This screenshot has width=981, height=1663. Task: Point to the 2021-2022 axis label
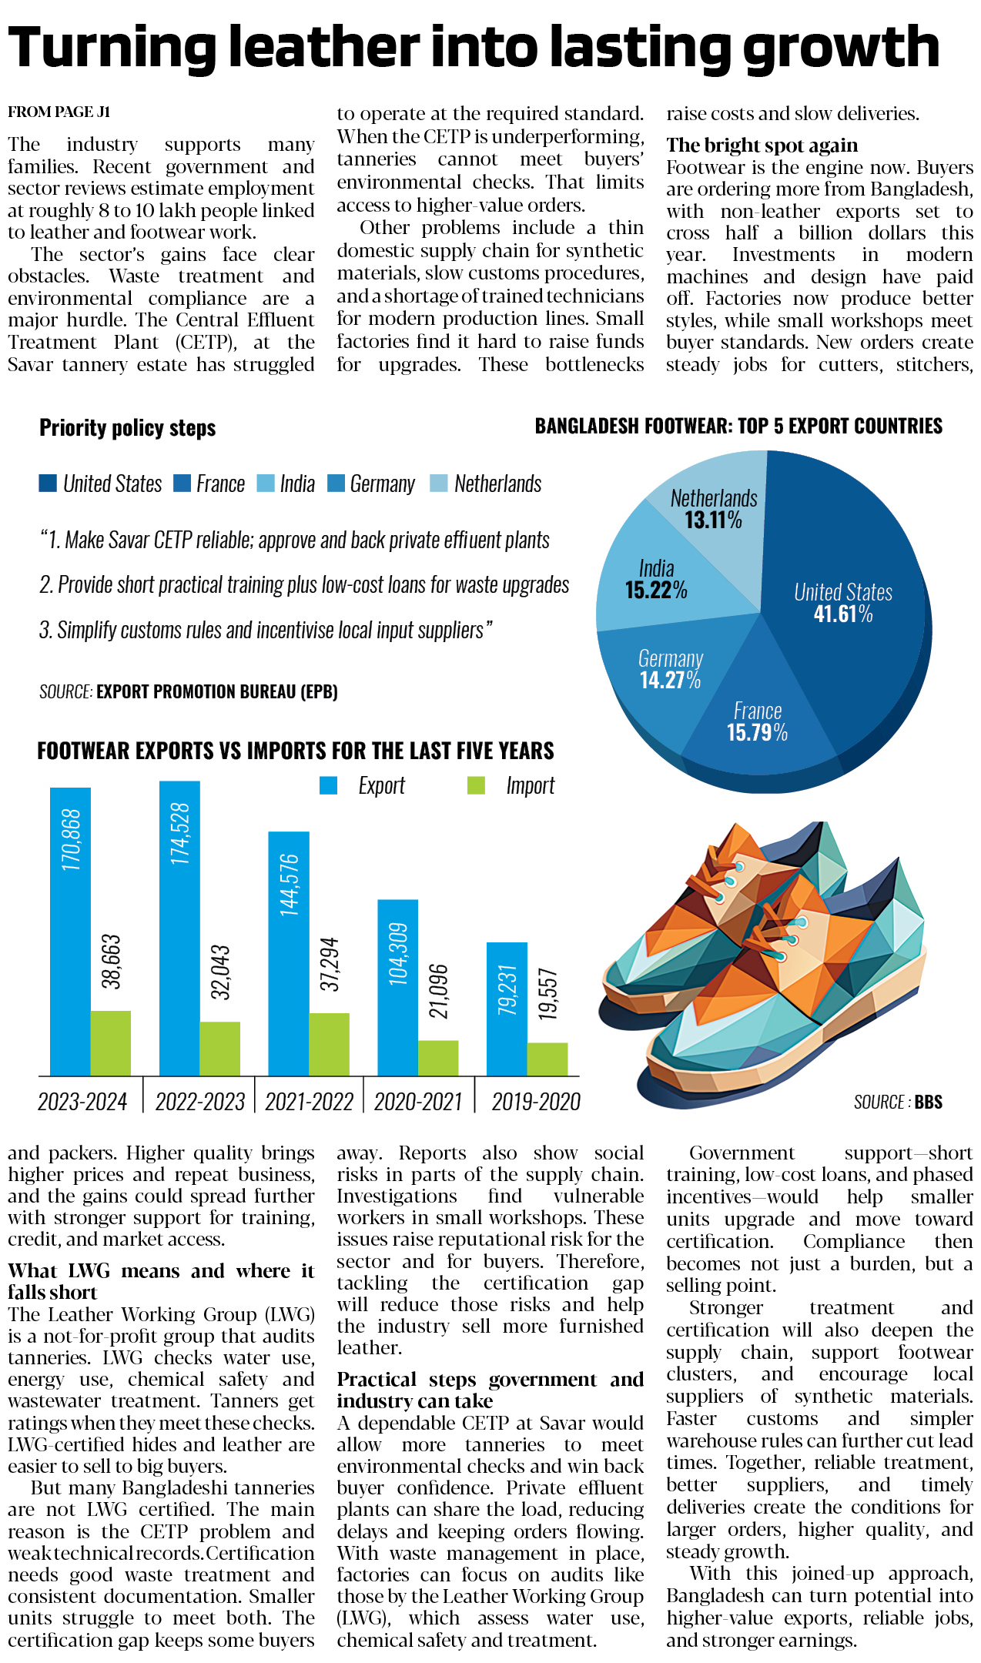click(309, 1102)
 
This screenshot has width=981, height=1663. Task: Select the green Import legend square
click(476, 785)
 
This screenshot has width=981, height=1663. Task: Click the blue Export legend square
click(329, 785)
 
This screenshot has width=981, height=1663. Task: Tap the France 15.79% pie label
click(757, 722)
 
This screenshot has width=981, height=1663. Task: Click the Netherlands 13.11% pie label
click(714, 509)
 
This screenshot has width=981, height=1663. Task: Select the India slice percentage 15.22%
click(656, 591)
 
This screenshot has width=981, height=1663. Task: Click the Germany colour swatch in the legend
click(336, 484)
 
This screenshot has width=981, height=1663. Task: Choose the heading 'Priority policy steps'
click(128, 428)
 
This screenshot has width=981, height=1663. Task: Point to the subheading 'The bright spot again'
click(762, 146)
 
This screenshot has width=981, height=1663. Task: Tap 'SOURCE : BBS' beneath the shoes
click(898, 1102)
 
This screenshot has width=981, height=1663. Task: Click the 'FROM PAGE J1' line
click(59, 112)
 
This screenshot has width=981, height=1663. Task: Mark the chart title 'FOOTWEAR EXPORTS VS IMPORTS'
click(296, 751)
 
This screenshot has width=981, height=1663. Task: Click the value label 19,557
click(547, 994)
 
